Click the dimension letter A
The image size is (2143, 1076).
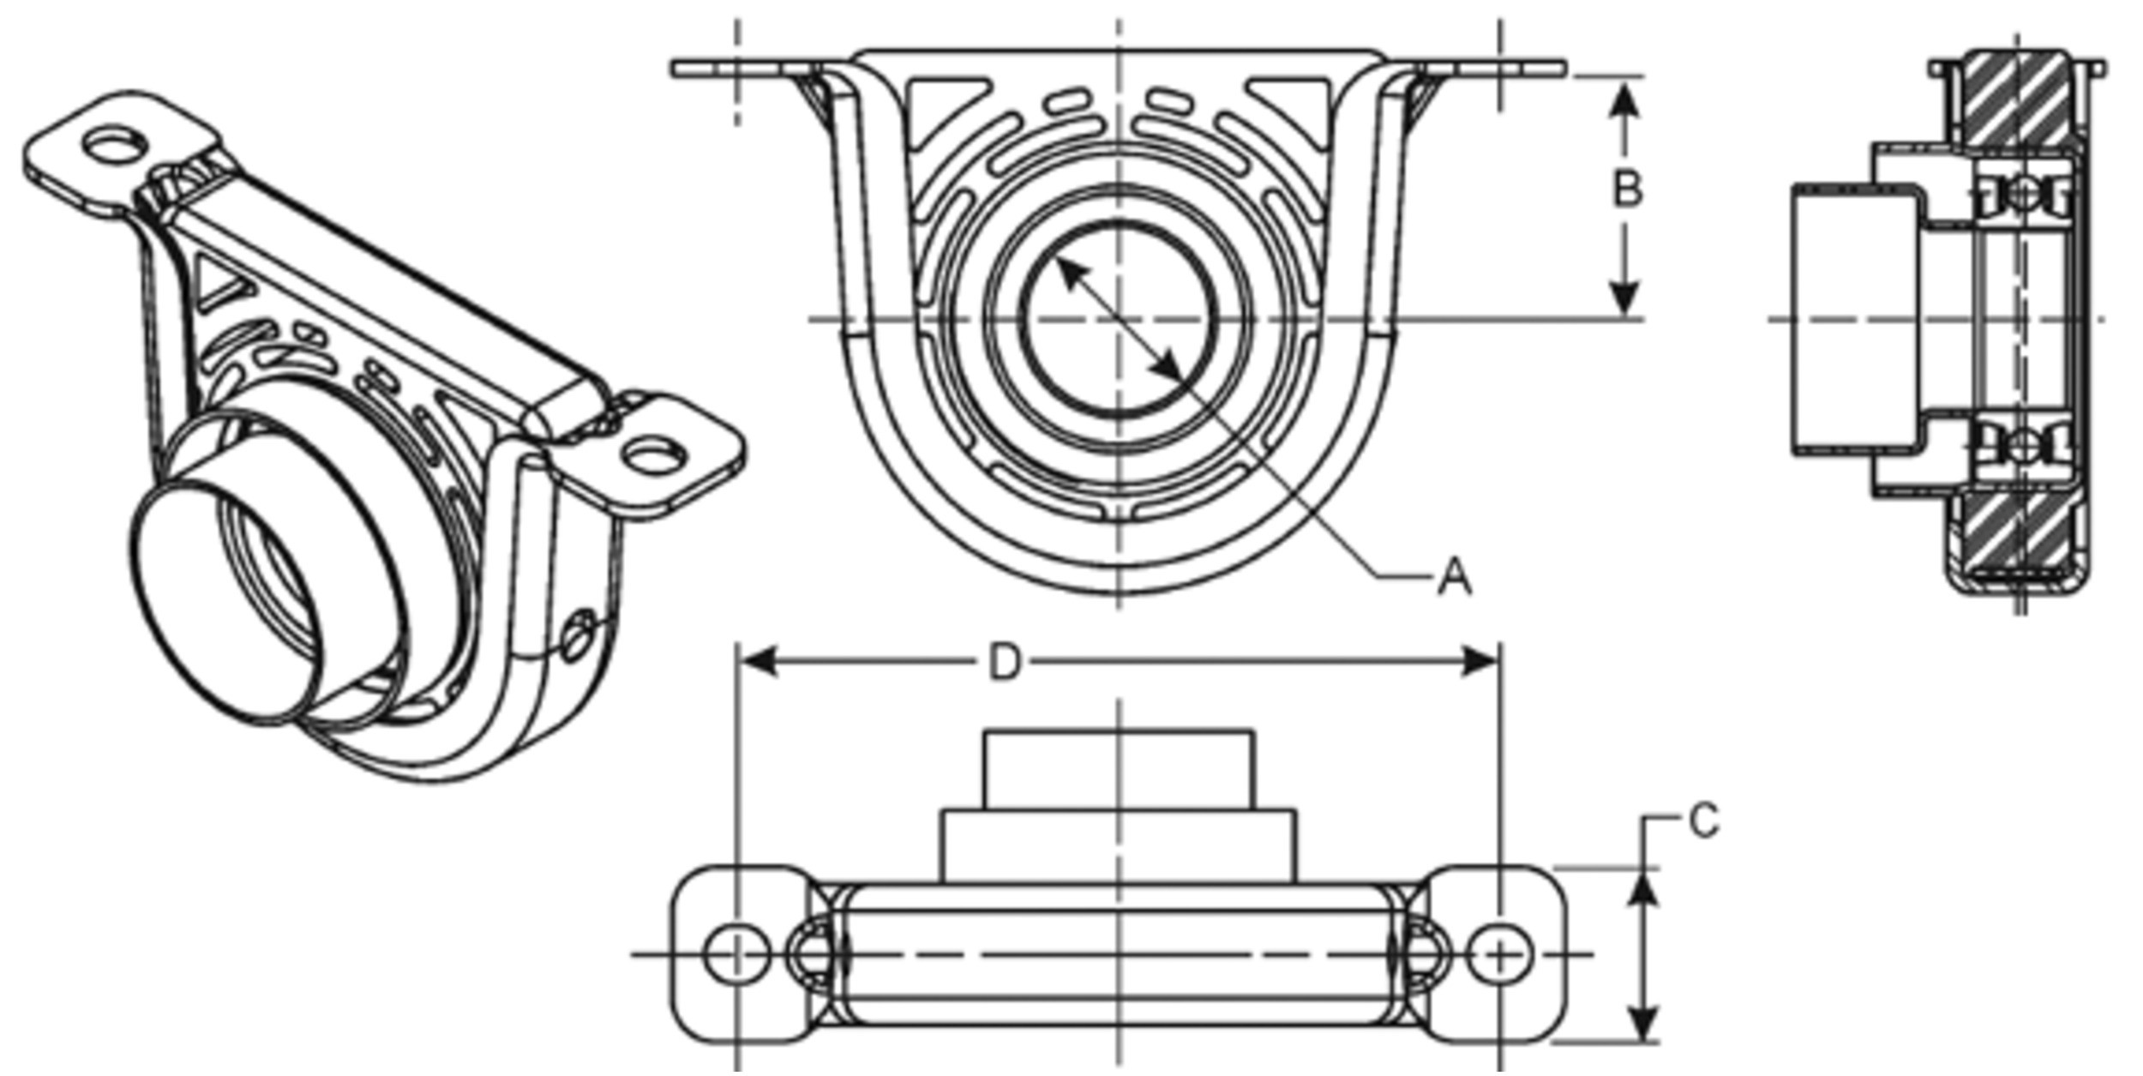click(1455, 576)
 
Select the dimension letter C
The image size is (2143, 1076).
click(1704, 821)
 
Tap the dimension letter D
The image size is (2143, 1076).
click(1005, 663)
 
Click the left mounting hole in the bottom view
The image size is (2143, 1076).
click(736, 954)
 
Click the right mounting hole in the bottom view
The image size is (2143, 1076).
click(1499, 954)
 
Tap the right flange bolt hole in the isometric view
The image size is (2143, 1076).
click(655, 455)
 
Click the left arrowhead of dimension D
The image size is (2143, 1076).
click(758, 662)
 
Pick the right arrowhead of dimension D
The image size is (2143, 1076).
click(1480, 662)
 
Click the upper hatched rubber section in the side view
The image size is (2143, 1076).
click(2016, 101)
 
